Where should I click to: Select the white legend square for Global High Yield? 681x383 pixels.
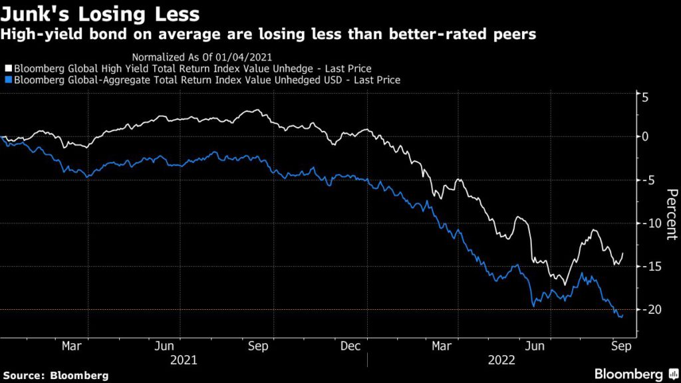[x=8, y=68]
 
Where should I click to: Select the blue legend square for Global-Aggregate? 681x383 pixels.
[x=8, y=80]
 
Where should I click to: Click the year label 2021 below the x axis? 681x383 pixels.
[x=183, y=360]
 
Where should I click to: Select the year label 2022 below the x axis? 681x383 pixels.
[x=503, y=360]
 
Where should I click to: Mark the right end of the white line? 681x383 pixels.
[x=623, y=253]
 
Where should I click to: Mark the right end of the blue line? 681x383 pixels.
[x=622, y=316]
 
